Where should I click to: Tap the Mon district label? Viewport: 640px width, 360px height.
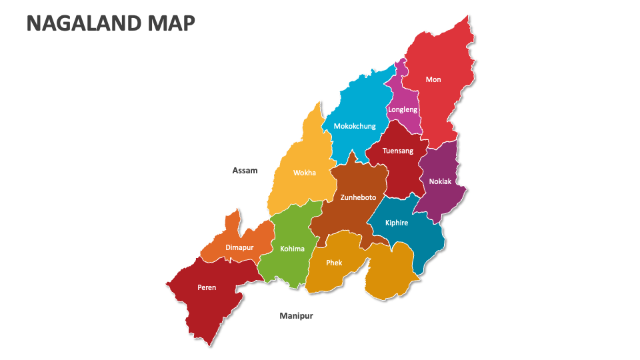(433, 79)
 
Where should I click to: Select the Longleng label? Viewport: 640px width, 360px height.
(403, 109)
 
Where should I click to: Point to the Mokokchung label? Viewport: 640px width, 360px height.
(355, 126)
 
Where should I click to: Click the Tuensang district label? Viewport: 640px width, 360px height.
(398, 151)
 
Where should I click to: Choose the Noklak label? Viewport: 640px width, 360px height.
(440, 181)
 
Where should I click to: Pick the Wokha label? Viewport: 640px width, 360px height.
(305, 173)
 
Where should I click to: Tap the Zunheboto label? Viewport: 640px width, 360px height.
(358, 197)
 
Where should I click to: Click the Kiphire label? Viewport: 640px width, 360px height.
(397, 223)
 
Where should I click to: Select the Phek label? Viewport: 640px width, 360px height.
(334, 263)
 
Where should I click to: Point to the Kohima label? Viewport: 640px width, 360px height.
(292, 249)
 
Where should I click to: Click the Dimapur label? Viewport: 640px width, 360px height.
(239, 247)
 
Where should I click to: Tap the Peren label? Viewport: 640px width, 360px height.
(207, 288)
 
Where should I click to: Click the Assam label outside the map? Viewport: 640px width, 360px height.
(245, 171)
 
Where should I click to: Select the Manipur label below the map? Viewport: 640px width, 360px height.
(296, 316)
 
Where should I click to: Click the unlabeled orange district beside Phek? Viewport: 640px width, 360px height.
(393, 273)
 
